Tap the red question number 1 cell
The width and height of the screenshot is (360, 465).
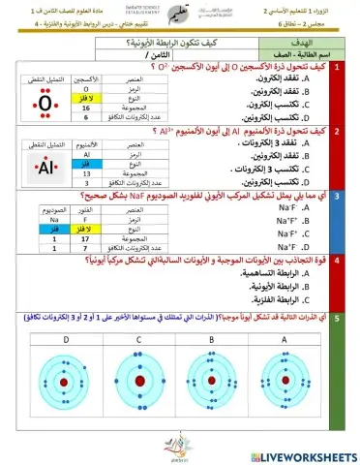tap(335, 68)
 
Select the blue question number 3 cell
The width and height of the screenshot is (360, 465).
tap(335, 196)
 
